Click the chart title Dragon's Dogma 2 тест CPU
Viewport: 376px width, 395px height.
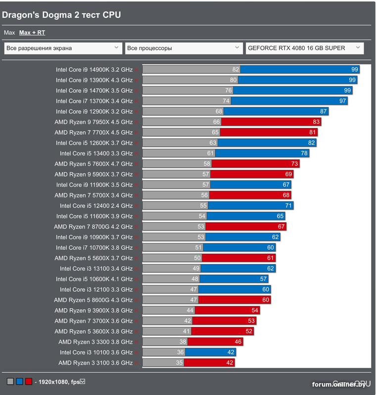61,15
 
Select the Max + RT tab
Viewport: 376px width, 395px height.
32,33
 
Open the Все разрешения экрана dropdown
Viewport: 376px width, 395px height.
63,48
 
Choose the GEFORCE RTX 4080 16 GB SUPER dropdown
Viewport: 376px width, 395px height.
305,48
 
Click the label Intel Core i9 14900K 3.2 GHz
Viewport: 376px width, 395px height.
94,70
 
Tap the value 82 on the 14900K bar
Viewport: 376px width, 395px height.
235,70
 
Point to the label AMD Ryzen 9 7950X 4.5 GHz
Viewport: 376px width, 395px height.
94,122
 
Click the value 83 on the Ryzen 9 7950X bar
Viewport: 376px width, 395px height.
316,122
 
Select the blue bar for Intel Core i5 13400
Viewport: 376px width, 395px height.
262,154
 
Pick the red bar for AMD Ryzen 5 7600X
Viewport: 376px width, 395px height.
255,164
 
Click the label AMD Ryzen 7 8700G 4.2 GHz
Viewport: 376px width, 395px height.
94,227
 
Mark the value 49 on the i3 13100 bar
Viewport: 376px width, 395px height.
196,269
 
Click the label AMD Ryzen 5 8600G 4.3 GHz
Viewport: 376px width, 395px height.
94,300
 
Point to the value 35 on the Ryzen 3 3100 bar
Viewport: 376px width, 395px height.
179,363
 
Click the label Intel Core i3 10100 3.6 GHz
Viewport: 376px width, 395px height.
96,353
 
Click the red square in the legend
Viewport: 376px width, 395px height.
29,382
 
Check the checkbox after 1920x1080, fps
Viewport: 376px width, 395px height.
83,381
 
